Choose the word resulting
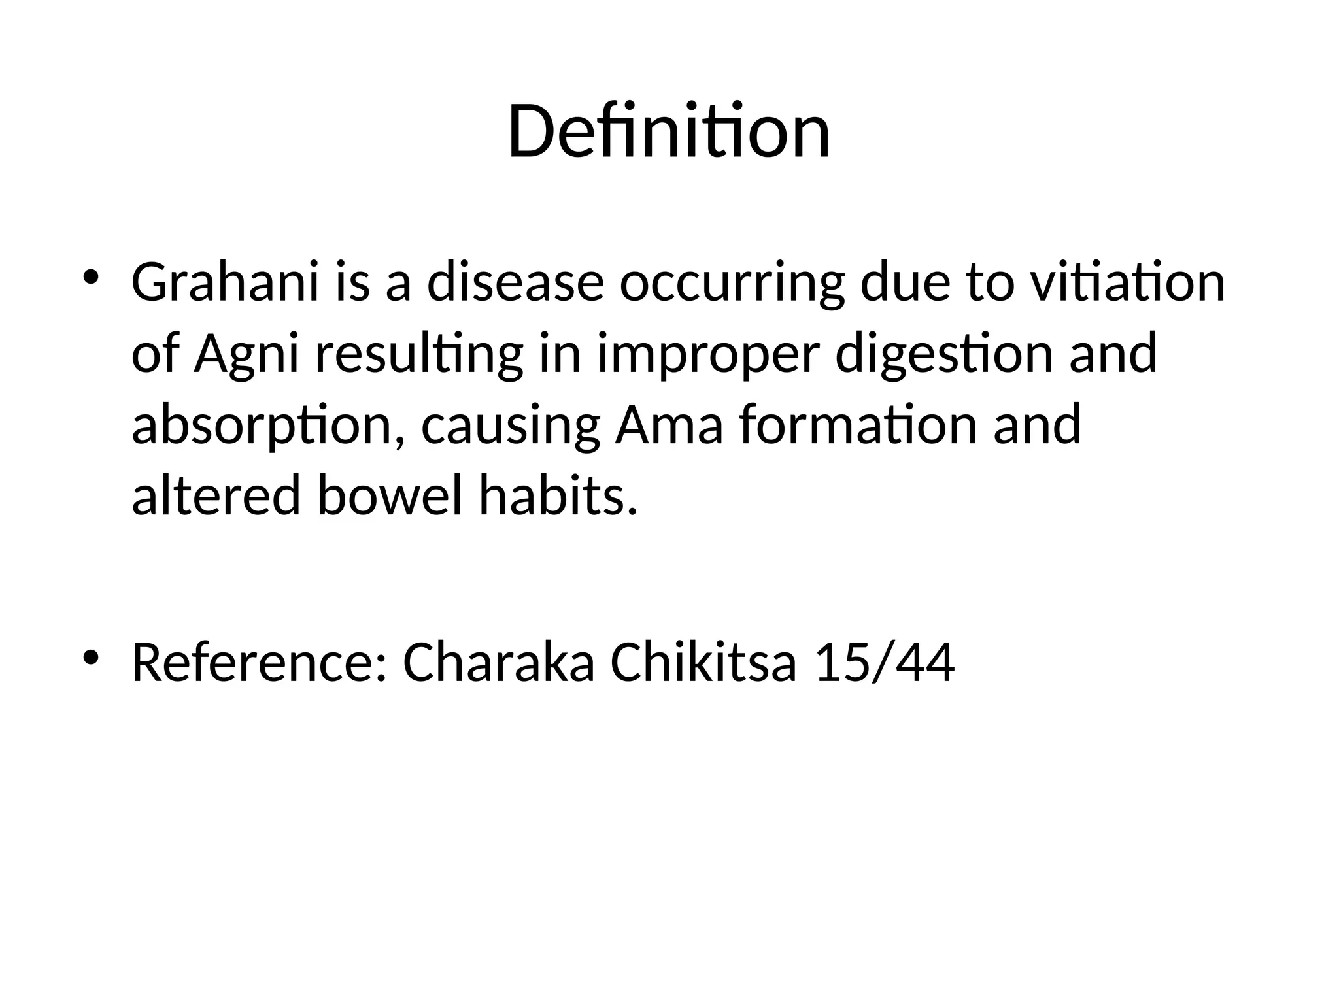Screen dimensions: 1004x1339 tap(419, 354)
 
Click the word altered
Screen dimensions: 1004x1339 tap(216, 495)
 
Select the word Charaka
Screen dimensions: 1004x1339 tap(499, 663)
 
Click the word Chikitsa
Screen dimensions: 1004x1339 tap(703, 663)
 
